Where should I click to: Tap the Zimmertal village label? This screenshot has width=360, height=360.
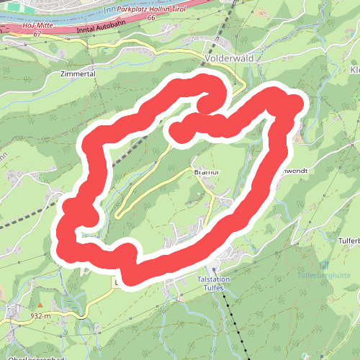78,73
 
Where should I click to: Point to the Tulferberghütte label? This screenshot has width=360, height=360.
323,274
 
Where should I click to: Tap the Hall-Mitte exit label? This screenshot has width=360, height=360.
37,25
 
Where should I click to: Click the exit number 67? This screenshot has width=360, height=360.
37,33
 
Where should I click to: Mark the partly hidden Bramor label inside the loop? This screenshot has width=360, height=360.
205,173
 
